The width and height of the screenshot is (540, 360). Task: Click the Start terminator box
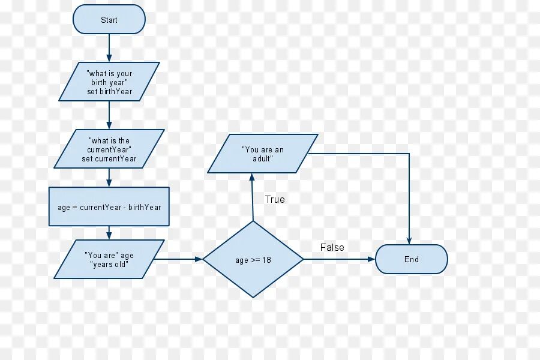(x=109, y=20)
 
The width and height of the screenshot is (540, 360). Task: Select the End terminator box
(x=411, y=259)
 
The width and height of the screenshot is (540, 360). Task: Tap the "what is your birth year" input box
(x=109, y=82)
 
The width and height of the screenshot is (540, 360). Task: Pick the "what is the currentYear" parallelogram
(x=109, y=149)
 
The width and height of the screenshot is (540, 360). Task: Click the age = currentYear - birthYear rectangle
(x=109, y=207)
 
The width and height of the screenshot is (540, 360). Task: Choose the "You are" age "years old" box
(x=109, y=259)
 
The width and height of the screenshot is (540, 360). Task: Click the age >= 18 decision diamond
(x=253, y=259)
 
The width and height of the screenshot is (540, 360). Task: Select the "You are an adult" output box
(x=263, y=154)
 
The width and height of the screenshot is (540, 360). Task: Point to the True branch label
(x=275, y=199)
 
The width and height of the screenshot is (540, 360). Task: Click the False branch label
(x=332, y=247)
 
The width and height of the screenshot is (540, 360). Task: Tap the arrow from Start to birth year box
(x=109, y=48)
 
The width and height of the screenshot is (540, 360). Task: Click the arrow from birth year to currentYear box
(x=109, y=115)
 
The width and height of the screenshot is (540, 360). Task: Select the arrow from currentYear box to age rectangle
(x=109, y=178)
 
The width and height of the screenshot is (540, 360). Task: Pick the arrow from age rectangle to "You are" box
(x=109, y=233)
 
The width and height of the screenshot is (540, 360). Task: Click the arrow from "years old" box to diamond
(x=180, y=259)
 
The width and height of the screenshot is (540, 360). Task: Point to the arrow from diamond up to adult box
(x=253, y=198)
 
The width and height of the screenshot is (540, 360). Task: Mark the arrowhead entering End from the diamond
(x=371, y=259)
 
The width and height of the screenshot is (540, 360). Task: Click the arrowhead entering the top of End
(x=409, y=241)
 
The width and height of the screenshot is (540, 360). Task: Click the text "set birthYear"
(x=109, y=91)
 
